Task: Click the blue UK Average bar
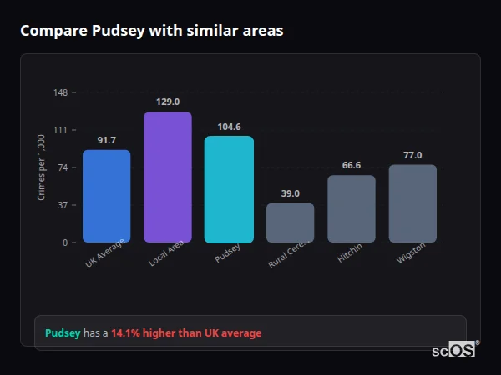click(x=107, y=196)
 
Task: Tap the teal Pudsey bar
click(x=229, y=189)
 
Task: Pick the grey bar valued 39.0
click(x=290, y=222)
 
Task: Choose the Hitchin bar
click(x=352, y=208)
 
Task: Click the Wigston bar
click(x=412, y=203)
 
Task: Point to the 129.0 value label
click(x=168, y=102)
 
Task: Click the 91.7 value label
click(x=107, y=140)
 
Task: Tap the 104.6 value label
click(x=229, y=127)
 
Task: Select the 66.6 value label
click(x=352, y=165)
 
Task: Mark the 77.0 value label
click(x=412, y=155)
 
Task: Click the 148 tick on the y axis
click(x=61, y=92)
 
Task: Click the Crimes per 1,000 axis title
click(x=42, y=167)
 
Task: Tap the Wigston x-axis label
click(x=412, y=253)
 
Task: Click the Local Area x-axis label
click(x=165, y=255)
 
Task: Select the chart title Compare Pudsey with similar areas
click(x=151, y=31)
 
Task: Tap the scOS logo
click(x=453, y=350)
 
